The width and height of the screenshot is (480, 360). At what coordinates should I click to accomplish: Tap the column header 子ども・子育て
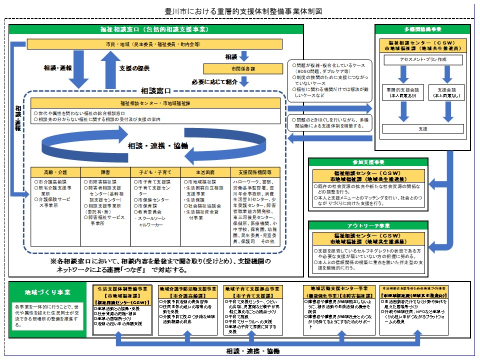click(x=155, y=171)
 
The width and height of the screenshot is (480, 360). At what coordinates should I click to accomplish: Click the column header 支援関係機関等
click(x=254, y=171)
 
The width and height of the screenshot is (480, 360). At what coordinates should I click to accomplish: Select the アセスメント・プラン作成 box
click(x=422, y=59)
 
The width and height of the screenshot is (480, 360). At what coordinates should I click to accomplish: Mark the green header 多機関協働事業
click(x=422, y=29)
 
